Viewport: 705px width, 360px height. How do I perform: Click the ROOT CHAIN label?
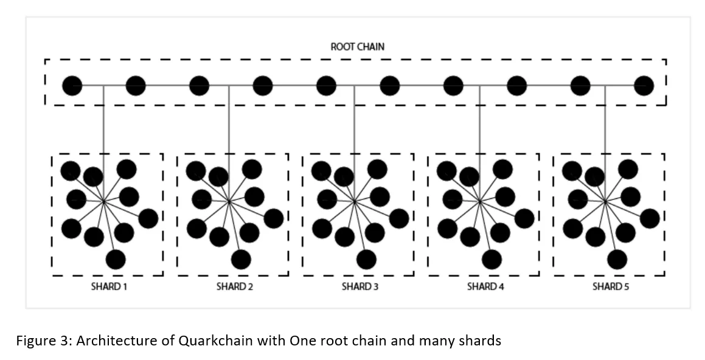(358, 47)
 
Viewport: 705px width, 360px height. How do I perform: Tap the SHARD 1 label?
(109, 286)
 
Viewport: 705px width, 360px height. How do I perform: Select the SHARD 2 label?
(234, 286)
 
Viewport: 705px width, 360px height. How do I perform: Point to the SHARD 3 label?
(359, 286)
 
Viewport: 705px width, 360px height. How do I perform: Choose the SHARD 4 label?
(485, 286)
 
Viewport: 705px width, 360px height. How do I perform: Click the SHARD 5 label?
(611, 286)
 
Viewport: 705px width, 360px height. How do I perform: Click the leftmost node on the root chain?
(72, 85)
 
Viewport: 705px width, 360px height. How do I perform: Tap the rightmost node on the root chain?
(644, 85)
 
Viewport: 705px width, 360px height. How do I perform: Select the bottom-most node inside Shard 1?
(116, 259)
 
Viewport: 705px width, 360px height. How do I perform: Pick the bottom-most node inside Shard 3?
(366, 259)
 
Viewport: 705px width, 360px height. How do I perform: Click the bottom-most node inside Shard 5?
(617, 259)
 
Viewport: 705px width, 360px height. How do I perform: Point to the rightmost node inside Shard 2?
(273, 218)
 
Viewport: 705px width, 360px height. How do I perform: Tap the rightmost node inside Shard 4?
(524, 218)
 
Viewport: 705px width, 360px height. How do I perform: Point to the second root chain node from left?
(135, 85)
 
